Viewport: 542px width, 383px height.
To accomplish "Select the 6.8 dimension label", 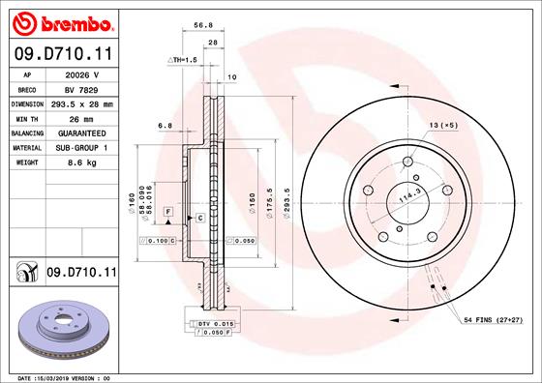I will point(165,124).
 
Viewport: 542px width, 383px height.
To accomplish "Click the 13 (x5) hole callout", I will point(444,126).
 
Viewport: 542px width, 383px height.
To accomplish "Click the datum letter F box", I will point(167,211).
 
